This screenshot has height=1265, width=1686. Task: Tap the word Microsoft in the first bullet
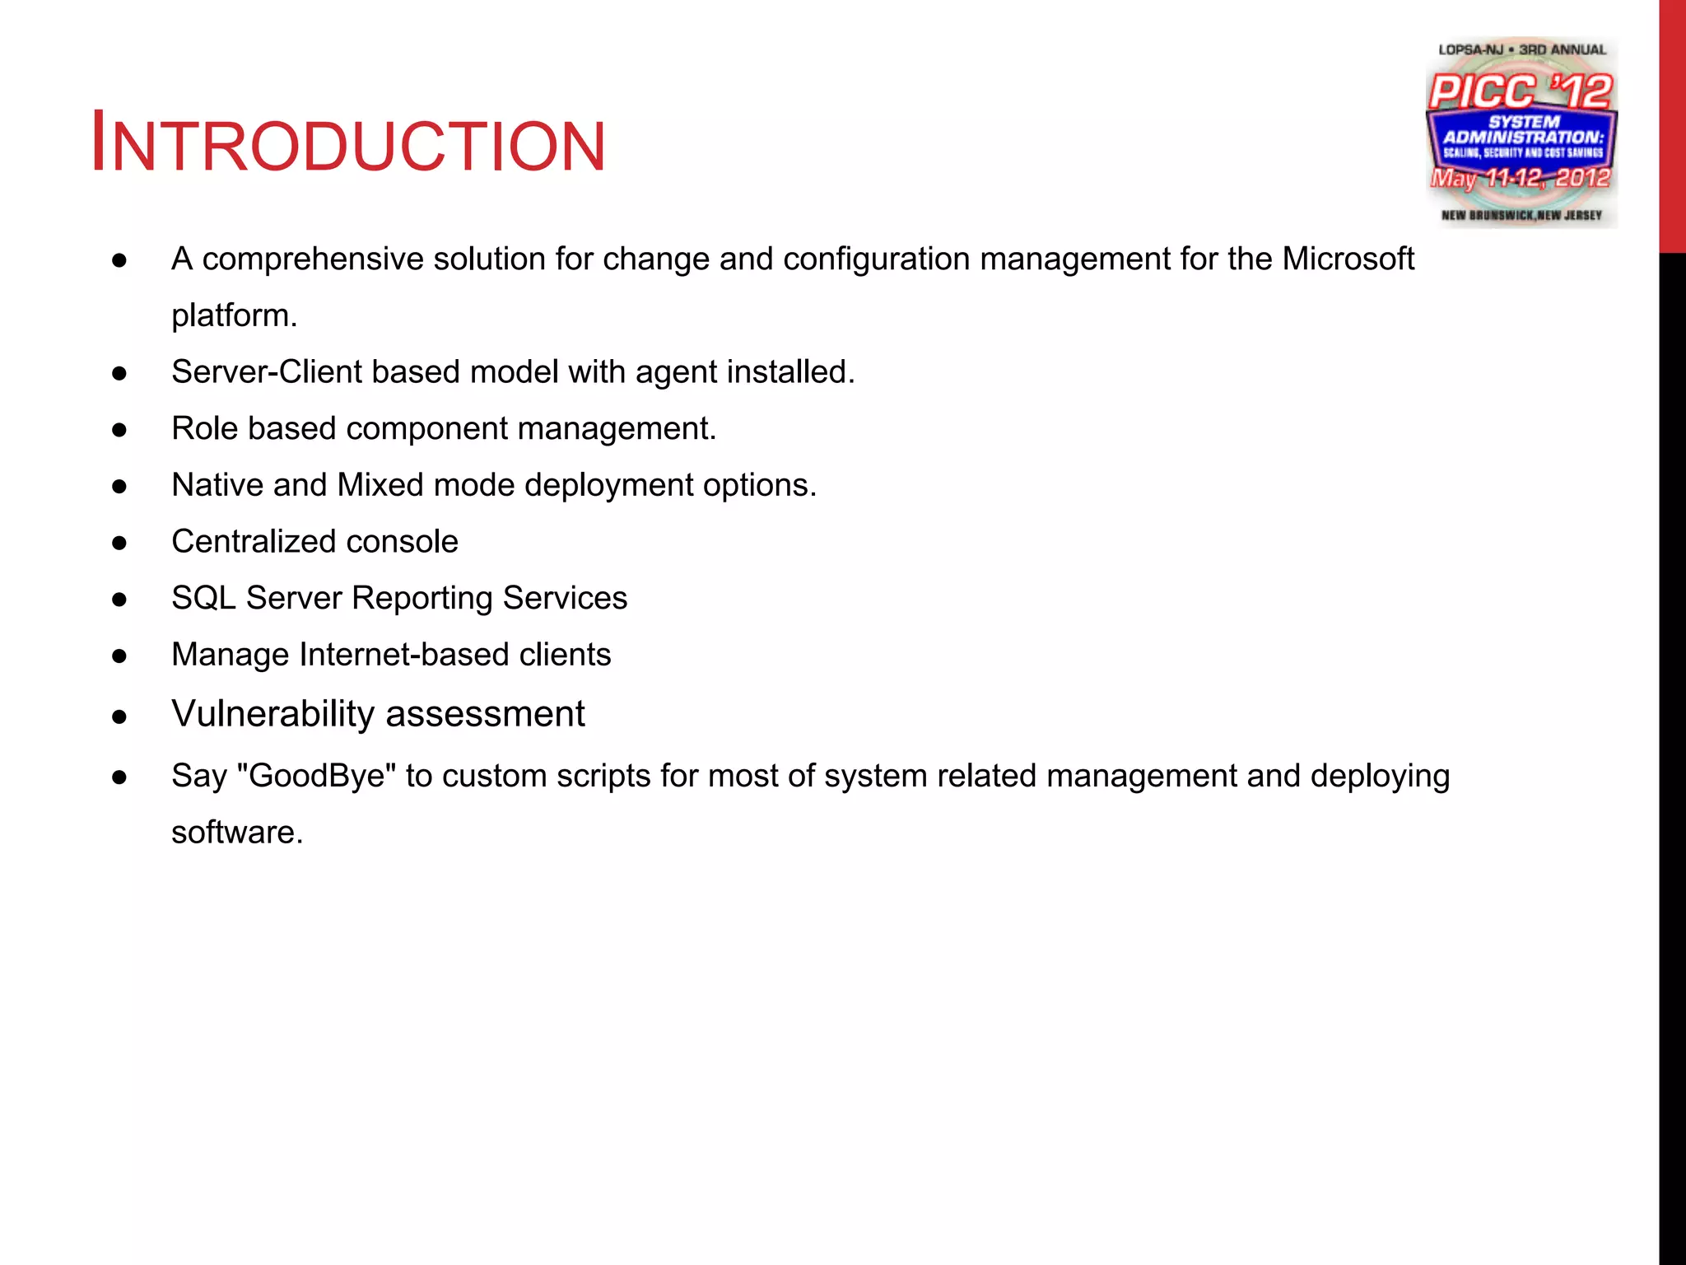pyautogui.click(x=1348, y=259)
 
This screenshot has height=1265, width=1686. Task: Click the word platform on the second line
pyautogui.click(x=233, y=315)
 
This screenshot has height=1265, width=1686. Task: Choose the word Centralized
pyautogui.click(x=242, y=542)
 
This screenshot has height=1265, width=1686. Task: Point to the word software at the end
pyautogui.click(x=236, y=833)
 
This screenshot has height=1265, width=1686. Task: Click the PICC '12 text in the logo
pyautogui.click(x=1520, y=91)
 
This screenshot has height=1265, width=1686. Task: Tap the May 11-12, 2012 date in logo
pyautogui.click(x=1520, y=178)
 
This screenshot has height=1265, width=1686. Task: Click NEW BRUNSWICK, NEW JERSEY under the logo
pyautogui.click(x=1521, y=216)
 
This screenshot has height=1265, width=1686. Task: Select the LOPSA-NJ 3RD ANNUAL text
pyautogui.click(x=1521, y=49)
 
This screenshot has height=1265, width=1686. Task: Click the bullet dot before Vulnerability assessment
pyautogui.click(x=119, y=717)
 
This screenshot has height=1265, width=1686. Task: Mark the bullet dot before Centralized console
pyautogui.click(x=119, y=544)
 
